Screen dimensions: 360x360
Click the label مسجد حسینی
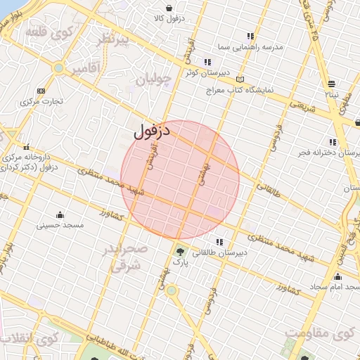(x=60, y=226)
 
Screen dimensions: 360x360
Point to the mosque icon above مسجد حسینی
(x=60, y=214)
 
